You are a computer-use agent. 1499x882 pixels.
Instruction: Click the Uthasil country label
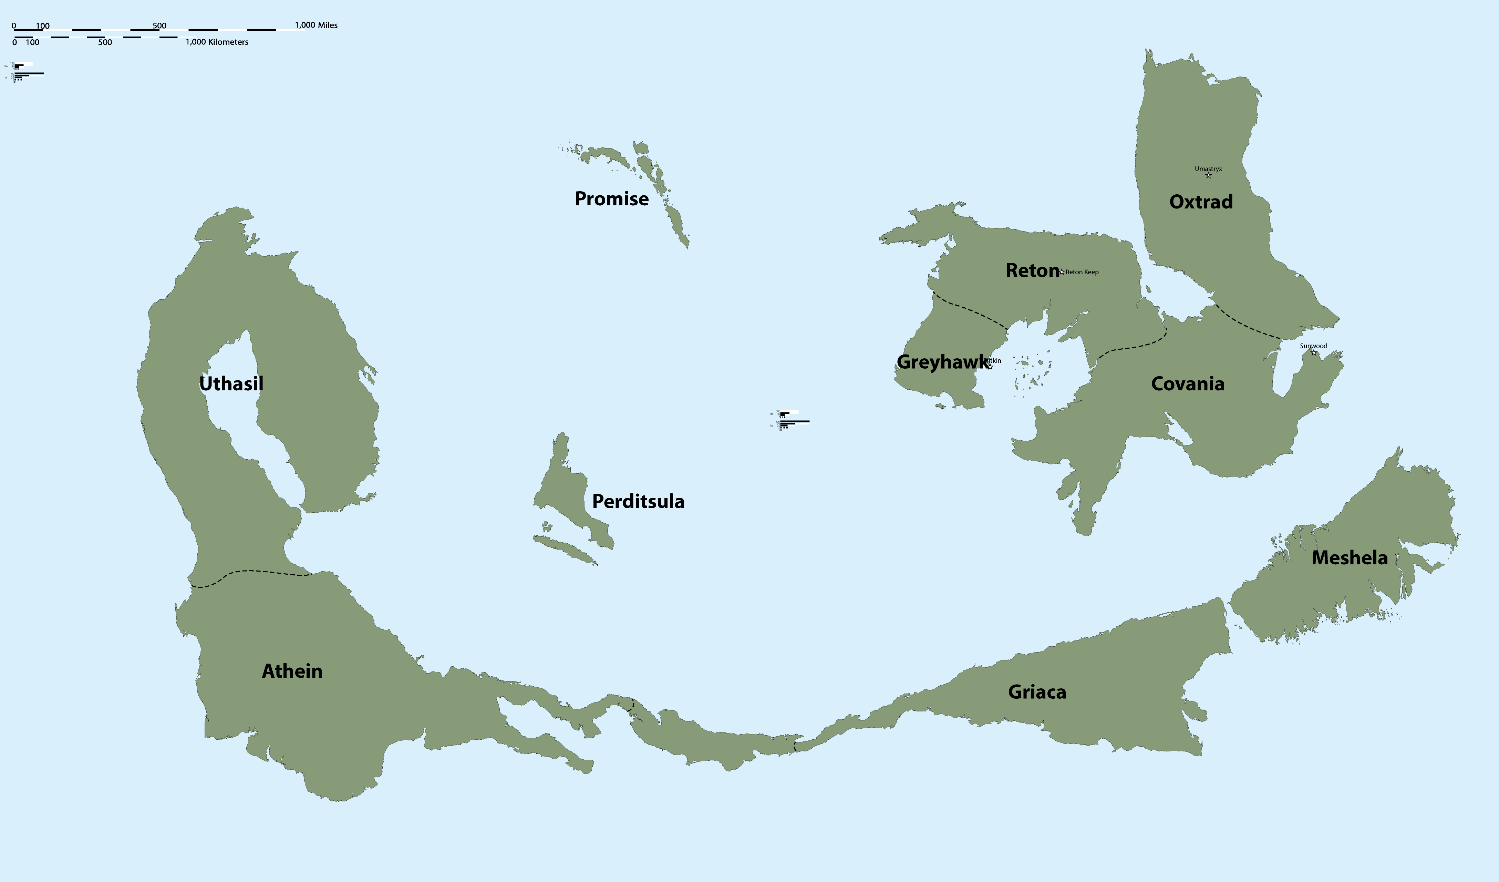coord(231,384)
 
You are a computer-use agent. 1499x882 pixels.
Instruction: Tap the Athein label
coord(292,671)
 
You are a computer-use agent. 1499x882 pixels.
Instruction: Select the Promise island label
coord(611,199)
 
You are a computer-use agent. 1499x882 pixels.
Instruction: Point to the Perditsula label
coord(638,502)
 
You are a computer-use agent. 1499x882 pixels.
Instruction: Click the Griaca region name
coord(1037,692)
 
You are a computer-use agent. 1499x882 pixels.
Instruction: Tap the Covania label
coord(1188,384)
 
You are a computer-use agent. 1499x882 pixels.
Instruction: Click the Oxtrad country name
coord(1201,202)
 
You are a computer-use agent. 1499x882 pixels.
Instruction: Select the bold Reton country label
coord(1032,271)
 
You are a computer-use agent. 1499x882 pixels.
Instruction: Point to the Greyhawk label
coord(940,362)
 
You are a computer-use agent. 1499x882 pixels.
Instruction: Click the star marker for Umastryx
coord(1208,176)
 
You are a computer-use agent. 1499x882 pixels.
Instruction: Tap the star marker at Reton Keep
coord(1062,272)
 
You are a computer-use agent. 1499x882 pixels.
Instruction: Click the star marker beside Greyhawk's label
coord(990,367)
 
